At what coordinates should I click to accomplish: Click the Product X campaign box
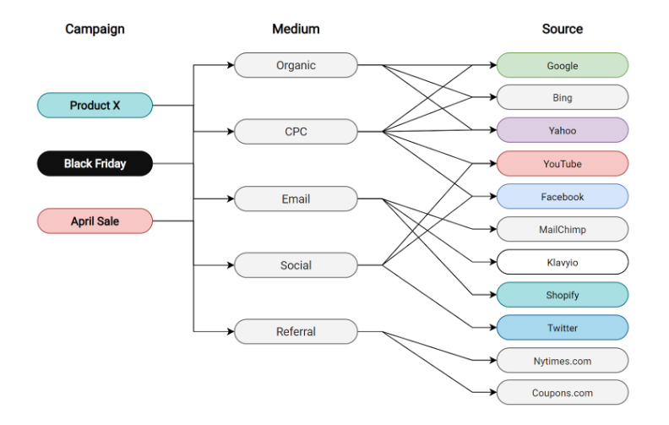(95, 106)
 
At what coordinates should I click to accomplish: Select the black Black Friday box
(95, 163)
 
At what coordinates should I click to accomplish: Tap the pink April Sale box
(95, 221)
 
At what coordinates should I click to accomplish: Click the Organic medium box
(296, 65)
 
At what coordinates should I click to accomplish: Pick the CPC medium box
(296, 132)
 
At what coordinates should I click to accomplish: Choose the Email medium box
(296, 199)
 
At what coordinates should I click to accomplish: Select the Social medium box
(296, 265)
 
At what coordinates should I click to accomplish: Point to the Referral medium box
(296, 332)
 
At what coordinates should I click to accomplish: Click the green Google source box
(562, 65)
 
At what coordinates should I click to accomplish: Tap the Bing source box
(562, 98)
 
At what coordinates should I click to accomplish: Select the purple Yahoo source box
(562, 131)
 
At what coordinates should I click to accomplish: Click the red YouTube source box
(562, 164)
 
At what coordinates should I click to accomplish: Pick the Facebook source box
(562, 197)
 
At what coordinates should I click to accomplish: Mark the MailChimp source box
(562, 229)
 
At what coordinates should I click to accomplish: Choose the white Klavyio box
(562, 262)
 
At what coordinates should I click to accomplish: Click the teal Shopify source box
(562, 295)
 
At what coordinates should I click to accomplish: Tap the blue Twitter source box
(562, 328)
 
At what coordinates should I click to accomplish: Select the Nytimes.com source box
(562, 361)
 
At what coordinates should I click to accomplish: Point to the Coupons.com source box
(562, 393)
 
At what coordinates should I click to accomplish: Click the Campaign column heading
(95, 29)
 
